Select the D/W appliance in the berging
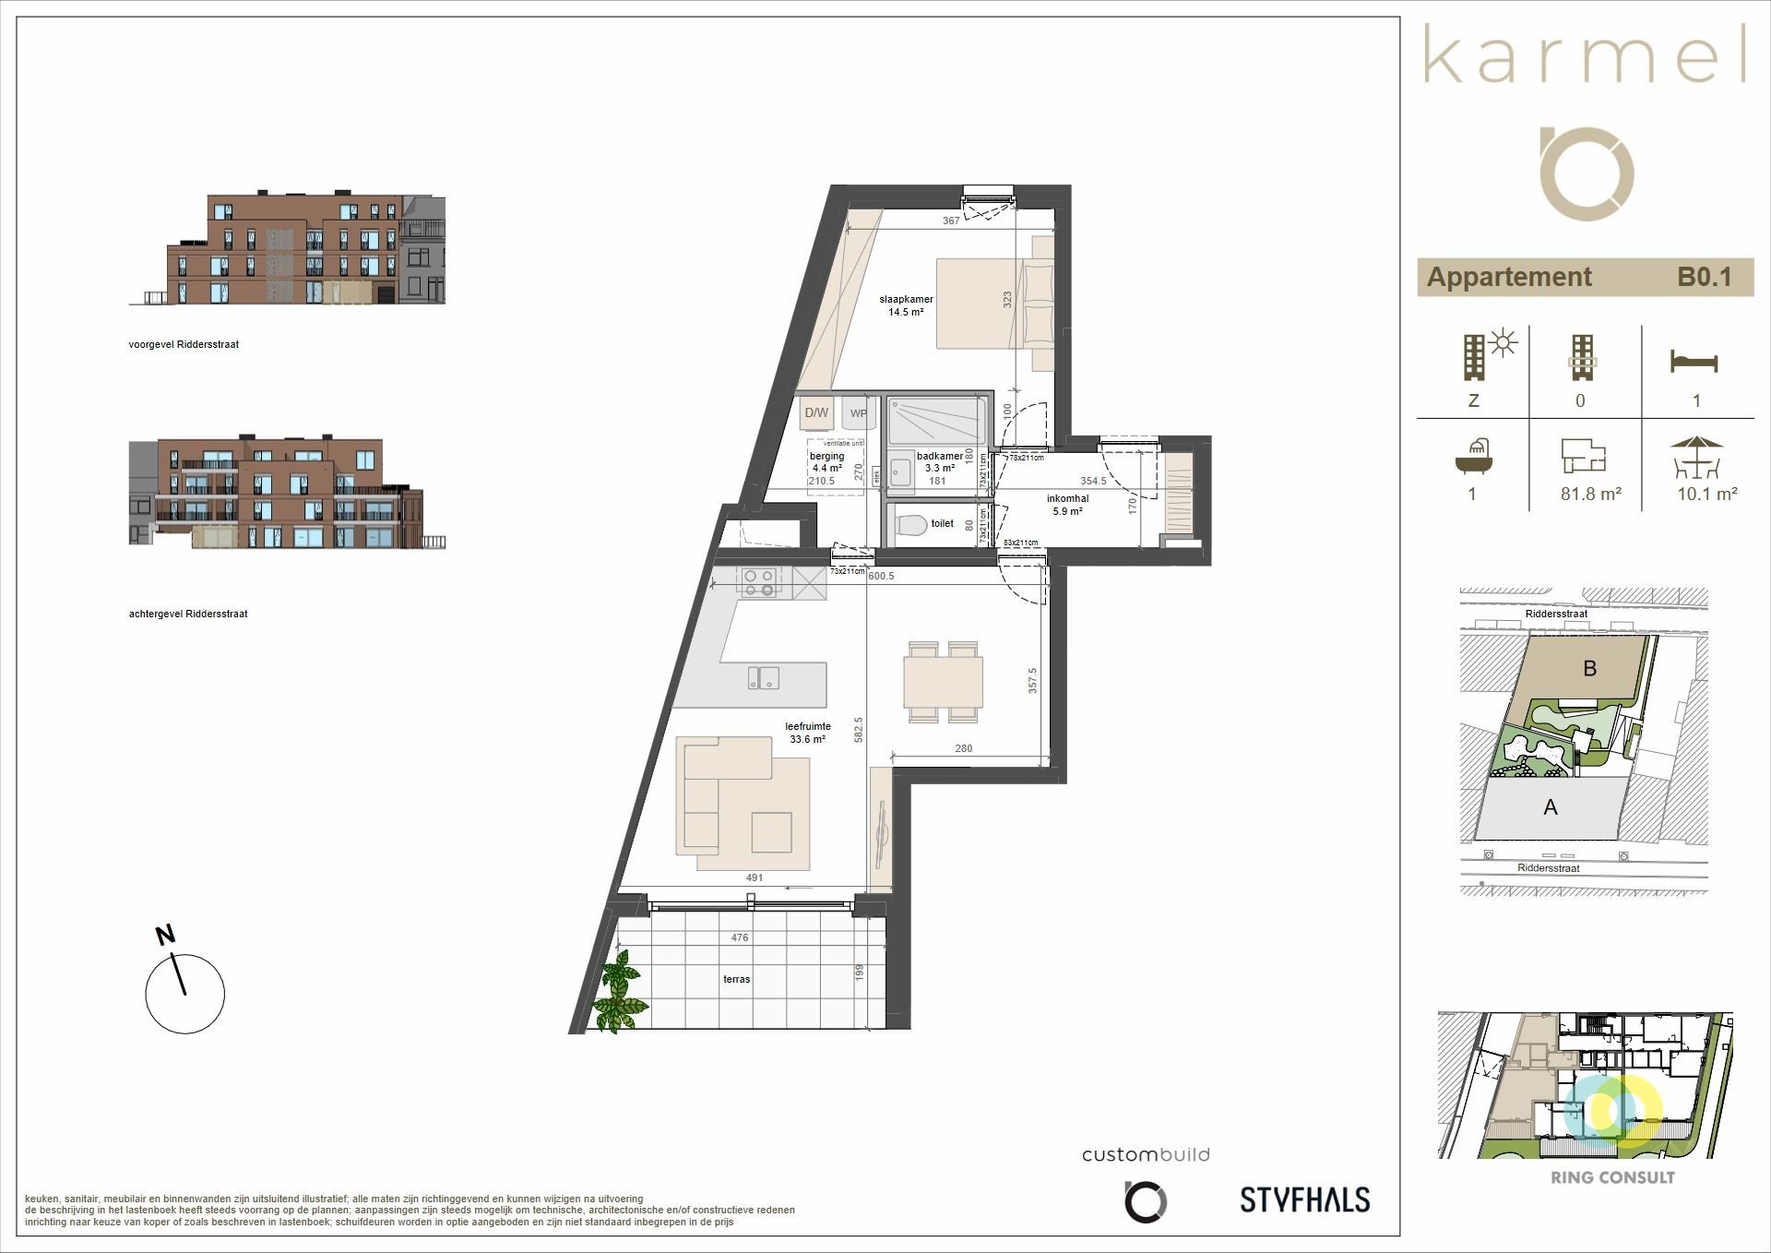[816, 413]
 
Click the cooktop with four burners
[759, 582]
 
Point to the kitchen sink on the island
[763, 677]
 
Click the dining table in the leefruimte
[944, 681]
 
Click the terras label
[736, 979]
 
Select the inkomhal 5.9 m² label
[1067, 505]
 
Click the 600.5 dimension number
[881, 576]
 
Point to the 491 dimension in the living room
[755, 877]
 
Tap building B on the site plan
[1588, 668]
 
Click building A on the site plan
[1551, 807]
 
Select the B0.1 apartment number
[1703, 277]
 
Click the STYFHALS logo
[1304, 1199]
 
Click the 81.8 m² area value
[1590, 494]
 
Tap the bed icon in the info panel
[1694, 361]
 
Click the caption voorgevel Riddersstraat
[184, 344]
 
